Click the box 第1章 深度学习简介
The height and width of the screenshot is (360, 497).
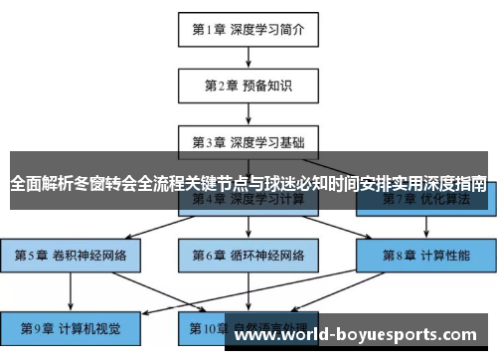click(x=248, y=29)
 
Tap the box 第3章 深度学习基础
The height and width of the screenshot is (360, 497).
click(x=248, y=142)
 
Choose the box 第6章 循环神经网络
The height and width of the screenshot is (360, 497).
click(x=248, y=256)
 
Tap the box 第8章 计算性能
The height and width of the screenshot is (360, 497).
click(x=425, y=256)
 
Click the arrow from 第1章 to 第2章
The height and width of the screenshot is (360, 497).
click(x=248, y=58)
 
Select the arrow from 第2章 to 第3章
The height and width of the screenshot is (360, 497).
click(x=248, y=114)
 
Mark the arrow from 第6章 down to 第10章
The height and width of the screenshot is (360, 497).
click(x=248, y=290)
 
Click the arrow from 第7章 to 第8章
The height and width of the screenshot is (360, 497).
click(x=425, y=228)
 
